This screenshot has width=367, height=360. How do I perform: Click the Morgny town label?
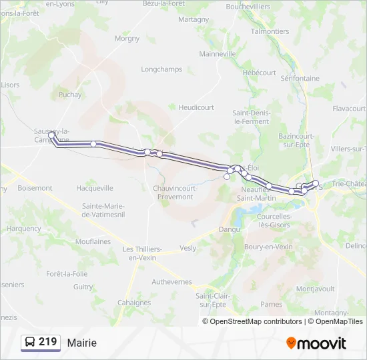pos(127,39)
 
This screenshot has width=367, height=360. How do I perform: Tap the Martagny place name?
pos(194,20)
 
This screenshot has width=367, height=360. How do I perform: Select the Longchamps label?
pos(161,69)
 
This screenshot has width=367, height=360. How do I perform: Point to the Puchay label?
pos(70,95)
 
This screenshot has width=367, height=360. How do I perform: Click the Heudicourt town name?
pos(196,107)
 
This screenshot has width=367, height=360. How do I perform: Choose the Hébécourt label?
pos(260,73)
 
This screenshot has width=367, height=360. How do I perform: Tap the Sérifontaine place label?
pos(300,79)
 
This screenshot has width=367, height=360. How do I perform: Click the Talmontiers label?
pos(270,31)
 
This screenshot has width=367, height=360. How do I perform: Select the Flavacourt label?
pos(349,108)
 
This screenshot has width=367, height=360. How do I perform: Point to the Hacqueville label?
pos(95,188)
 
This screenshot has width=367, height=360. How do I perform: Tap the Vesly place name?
pos(188,248)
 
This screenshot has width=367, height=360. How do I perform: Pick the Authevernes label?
pos(171,282)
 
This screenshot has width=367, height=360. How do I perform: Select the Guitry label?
pos(83,287)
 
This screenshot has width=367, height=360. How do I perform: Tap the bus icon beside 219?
pos(30,342)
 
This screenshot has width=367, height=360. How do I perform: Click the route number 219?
pos(47,342)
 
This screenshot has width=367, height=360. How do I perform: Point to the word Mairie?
pos(81,343)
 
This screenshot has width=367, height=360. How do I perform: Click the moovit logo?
pos(316,343)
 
